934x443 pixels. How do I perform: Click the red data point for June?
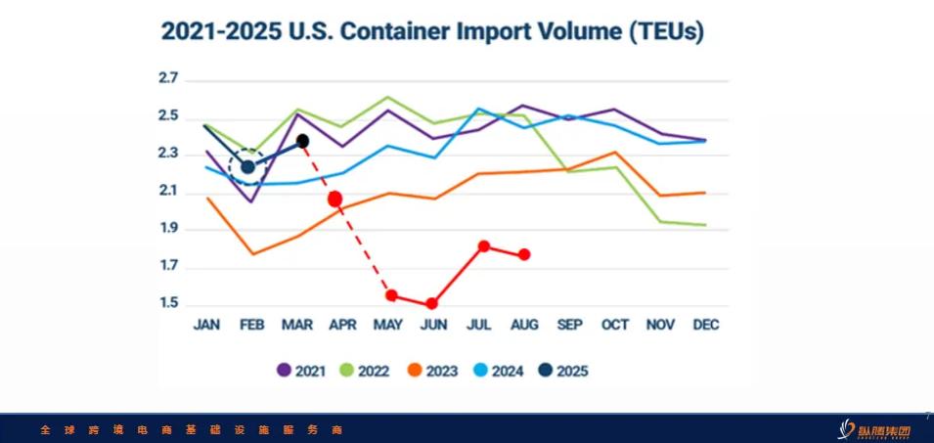click(x=432, y=304)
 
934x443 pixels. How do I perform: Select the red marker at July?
click(x=484, y=246)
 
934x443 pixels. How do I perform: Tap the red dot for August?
click(x=525, y=254)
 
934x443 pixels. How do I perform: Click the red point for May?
click(x=391, y=295)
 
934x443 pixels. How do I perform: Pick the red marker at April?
click(x=335, y=199)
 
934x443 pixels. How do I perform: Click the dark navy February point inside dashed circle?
click(x=247, y=167)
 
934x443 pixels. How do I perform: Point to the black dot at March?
click(x=302, y=141)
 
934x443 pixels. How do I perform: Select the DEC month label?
click(x=704, y=325)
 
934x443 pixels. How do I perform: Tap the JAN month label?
click(x=206, y=325)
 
